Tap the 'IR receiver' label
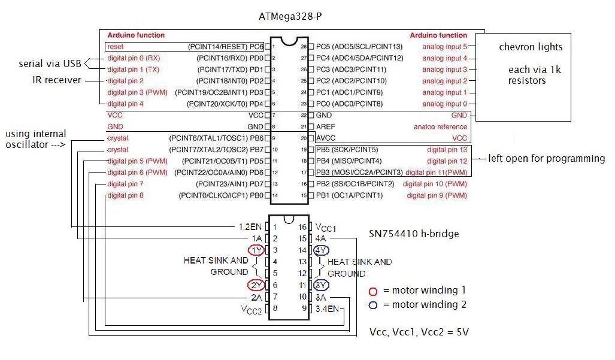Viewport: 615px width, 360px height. pyautogui.click(x=57, y=80)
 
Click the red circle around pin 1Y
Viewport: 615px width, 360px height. pyautogui.click(x=256, y=250)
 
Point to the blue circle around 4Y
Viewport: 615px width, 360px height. pyautogui.click(x=321, y=250)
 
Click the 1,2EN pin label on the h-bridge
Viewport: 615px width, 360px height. pyautogui.click(x=249, y=227)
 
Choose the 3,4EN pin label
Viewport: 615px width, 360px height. pyautogui.click(x=328, y=308)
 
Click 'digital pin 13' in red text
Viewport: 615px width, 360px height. pyautogui.click(x=447, y=150)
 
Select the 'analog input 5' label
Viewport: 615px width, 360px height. pyautogui.click(x=444, y=47)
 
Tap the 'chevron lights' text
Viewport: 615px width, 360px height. pyautogui.click(x=531, y=47)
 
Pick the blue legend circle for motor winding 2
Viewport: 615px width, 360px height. pyautogui.click(x=374, y=305)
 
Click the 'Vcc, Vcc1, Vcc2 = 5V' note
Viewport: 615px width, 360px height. pyautogui.click(x=419, y=332)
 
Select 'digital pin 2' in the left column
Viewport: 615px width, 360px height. pyautogui.click(x=125, y=81)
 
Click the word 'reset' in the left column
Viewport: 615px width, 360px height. pyautogui.click(x=115, y=47)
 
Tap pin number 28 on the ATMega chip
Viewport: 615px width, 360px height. pyautogui.click(x=304, y=47)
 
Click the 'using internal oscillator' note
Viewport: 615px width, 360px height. pyautogui.click(x=35, y=140)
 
